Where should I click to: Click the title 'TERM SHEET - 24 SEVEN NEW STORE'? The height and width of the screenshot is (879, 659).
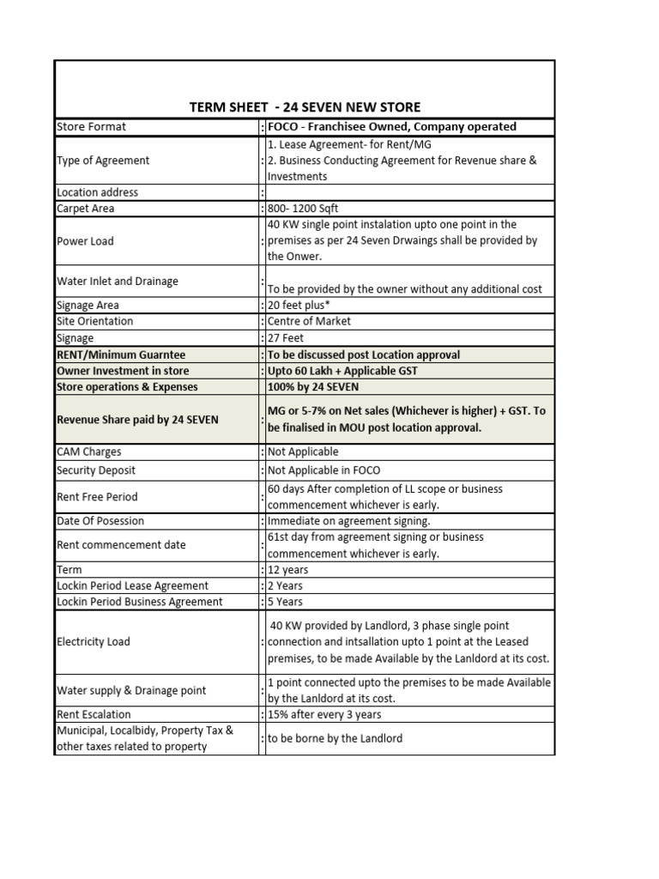pos(305,107)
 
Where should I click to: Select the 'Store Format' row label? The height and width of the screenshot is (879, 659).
pos(91,126)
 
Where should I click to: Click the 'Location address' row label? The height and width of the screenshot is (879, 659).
pos(97,192)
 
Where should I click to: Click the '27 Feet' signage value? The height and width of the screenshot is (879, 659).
pos(288,338)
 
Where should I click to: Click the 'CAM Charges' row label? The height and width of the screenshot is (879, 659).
pos(88,452)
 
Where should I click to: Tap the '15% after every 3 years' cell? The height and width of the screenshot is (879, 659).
pos(325,714)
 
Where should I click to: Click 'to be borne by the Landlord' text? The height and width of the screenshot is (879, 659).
pos(335,738)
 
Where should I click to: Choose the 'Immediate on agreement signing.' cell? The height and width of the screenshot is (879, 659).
pos(349,521)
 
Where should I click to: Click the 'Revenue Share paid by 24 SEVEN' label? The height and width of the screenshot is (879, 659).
pos(137,420)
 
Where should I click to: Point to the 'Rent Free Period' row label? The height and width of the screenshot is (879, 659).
pos(97,496)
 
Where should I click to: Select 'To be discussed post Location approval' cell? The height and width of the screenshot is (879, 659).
pos(364,355)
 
